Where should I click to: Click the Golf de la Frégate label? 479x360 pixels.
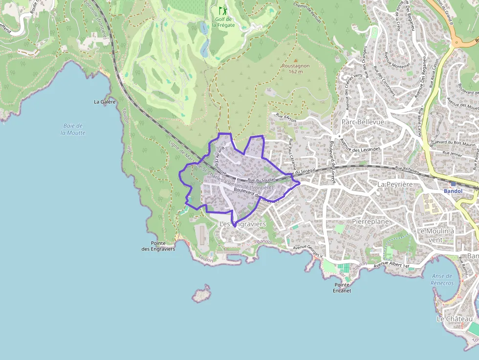click(x=223, y=22)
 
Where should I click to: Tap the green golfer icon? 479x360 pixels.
click(x=223, y=10)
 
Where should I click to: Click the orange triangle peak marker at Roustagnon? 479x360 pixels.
click(x=295, y=60)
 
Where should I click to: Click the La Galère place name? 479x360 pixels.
click(x=105, y=102)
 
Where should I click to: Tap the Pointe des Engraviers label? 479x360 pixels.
click(x=158, y=246)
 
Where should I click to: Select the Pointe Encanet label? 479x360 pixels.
click(x=342, y=288)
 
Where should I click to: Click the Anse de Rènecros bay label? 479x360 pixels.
click(x=442, y=280)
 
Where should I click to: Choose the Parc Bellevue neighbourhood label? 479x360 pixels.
click(x=363, y=122)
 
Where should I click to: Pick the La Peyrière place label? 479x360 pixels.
click(x=395, y=184)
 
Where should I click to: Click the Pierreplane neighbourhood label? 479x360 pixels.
click(x=370, y=221)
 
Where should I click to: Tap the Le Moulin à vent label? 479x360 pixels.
click(x=436, y=235)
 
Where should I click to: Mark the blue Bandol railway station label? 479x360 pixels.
click(x=453, y=191)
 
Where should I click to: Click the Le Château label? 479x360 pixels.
click(x=455, y=319)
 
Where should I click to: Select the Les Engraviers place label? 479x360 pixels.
click(x=242, y=224)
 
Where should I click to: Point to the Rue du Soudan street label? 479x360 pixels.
click(x=261, y=180)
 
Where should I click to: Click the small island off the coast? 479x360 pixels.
click(x=201, y=295)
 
